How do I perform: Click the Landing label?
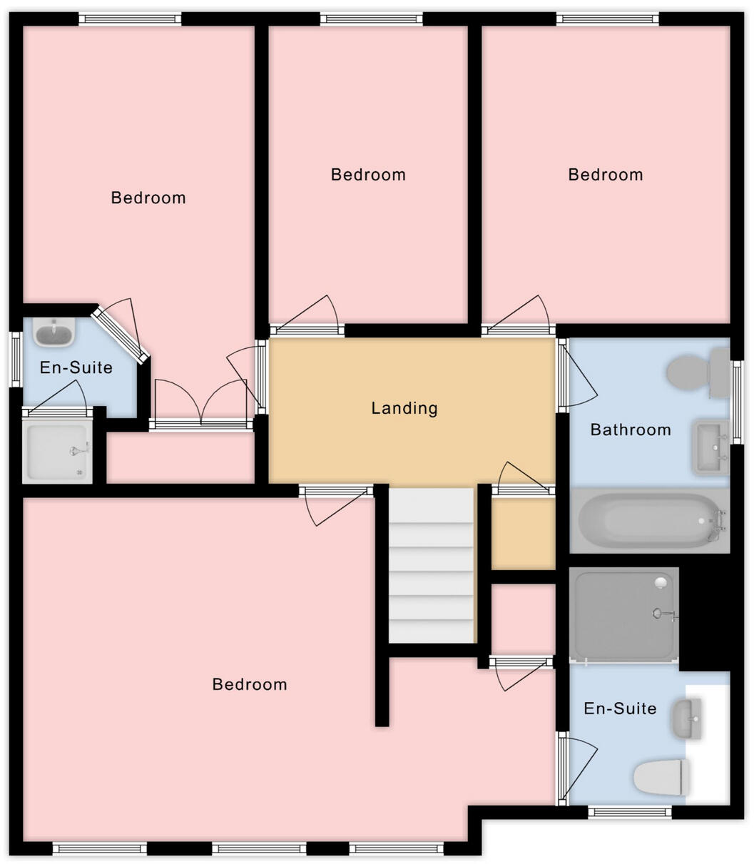(404, 408)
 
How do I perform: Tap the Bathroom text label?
(630, 430)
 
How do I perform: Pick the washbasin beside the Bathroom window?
(709, 447)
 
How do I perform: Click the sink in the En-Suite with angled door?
(54, 332)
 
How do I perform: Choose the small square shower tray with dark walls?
(57, 451)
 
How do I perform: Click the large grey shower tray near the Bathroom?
(625, 614)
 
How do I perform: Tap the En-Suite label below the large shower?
(619, 708)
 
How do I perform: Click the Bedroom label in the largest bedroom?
(250, 684)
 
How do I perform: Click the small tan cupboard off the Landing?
(523, 533)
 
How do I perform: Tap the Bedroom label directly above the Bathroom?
(605, 175)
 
